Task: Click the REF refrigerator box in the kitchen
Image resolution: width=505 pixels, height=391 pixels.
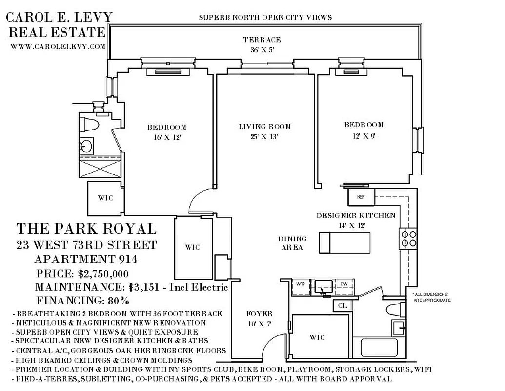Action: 361,197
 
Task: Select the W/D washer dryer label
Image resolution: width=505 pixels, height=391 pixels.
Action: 300,283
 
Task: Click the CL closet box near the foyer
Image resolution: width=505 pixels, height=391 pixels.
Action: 341,306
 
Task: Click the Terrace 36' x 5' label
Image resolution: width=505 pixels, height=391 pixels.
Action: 262,44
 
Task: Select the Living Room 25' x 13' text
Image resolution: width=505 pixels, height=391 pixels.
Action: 259,131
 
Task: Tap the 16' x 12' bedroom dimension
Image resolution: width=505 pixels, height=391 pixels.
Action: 167,137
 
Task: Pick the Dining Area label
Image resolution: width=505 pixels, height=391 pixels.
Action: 293,243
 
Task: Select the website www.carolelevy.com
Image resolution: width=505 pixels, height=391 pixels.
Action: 58,47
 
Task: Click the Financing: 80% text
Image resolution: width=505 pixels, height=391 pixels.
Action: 82,300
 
